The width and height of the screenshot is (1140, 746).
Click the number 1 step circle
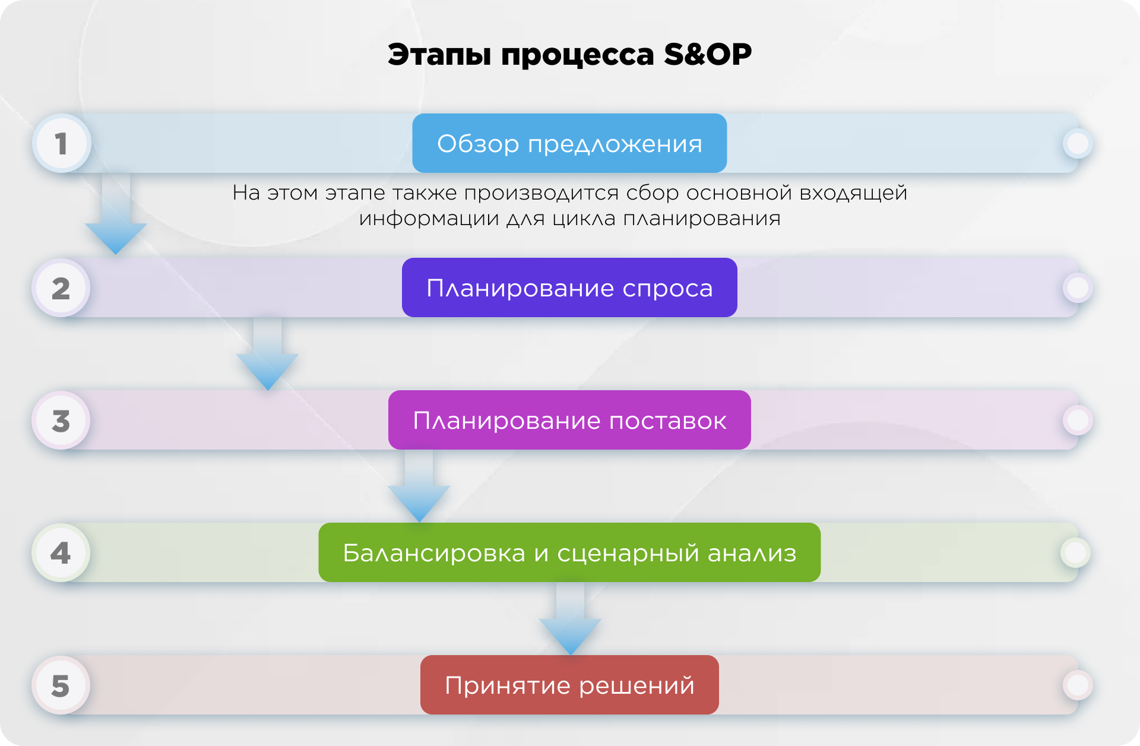tap(61, 144)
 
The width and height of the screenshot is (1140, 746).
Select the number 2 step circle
tap(61, 288)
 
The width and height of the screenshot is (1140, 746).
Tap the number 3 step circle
tap(61, 421)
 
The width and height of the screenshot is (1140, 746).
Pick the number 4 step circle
tap(61, 553)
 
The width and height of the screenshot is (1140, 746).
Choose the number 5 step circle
tap(61, 685)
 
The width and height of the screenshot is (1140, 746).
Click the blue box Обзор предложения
tap(569, 143)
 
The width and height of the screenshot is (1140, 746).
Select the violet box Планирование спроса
tap(569, 287)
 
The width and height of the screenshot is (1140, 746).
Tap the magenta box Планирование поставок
tap(569, 420)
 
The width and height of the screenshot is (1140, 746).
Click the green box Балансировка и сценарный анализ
tap(569, 552)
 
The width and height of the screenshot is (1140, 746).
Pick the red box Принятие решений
tap(569, 685)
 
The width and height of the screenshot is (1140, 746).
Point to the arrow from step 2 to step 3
tap(267, 356)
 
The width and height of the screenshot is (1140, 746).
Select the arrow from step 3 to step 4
tap(419, 490)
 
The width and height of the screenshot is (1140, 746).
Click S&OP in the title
tap(708, 55)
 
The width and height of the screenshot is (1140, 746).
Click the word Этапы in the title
tap(439, 55)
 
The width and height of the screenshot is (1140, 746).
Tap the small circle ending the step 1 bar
tap(1078, 143)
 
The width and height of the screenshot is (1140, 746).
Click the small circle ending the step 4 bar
tap(1075, 553)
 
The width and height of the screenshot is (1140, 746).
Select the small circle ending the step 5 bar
tap(1078, 685)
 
